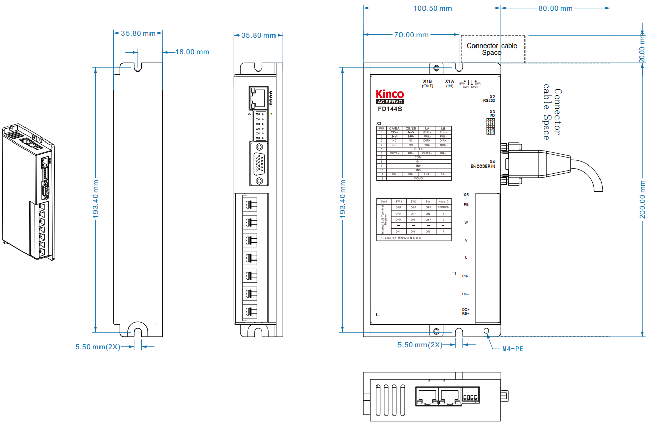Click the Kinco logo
point(389,94)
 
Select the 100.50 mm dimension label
point(432,9)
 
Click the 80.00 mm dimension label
point(556,9)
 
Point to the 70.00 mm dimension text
point(411,35)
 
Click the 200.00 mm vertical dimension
point(643,200)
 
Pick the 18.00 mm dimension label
point(192,52)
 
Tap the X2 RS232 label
point(489,98)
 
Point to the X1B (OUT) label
point(428,83)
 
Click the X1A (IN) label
point(449,83)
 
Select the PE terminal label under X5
point(466,204)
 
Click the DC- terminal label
point(465,294)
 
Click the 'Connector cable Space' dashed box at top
point(492,49)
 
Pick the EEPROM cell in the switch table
point(443,207)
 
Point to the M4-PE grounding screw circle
point(486,331)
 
